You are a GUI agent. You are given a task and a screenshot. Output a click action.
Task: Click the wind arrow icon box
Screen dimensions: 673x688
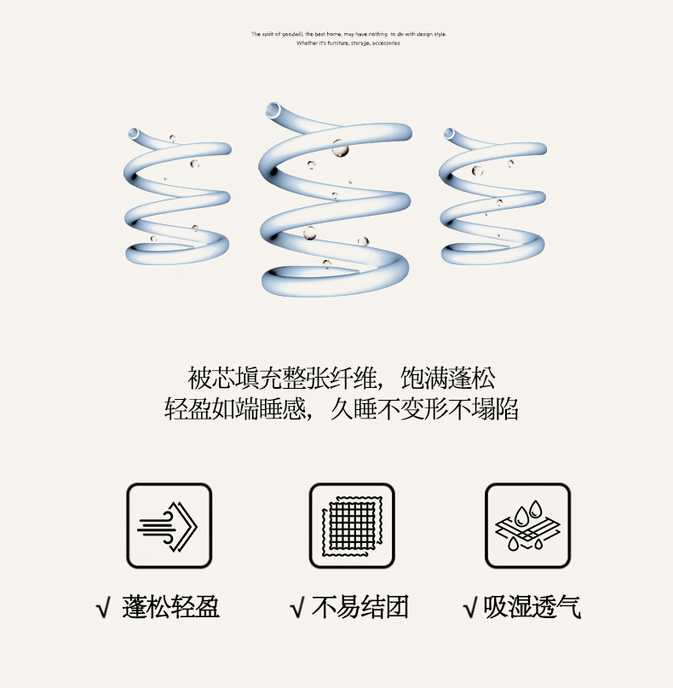[170, 525]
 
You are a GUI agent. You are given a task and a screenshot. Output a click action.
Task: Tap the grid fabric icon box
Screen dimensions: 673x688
[352, 525]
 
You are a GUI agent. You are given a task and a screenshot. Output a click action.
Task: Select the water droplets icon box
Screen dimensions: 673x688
[528, 525]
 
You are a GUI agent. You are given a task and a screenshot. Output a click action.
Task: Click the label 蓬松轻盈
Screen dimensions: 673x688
[170, 607]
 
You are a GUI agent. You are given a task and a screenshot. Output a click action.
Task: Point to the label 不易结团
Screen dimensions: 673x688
[360, 607]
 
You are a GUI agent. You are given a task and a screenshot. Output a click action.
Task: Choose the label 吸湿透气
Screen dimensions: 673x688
[532, 607]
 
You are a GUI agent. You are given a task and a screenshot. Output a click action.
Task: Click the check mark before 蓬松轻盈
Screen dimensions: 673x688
[103, 608]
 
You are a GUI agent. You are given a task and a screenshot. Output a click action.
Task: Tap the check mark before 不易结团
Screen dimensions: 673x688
[297, 608]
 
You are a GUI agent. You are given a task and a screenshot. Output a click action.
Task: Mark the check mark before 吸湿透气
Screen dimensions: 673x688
[470, 608]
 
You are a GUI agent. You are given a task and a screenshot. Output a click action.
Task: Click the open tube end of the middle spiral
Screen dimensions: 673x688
[273, 109]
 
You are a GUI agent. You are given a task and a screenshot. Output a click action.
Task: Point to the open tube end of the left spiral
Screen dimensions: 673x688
[133, 133]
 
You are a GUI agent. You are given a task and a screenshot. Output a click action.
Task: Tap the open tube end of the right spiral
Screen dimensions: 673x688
[449, 133]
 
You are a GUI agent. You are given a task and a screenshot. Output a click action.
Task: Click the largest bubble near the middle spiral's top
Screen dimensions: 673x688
[340, 148]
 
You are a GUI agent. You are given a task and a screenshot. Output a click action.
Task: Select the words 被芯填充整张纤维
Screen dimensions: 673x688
[282, 379]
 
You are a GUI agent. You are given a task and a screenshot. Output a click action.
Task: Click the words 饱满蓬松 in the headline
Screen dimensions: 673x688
[448, 379]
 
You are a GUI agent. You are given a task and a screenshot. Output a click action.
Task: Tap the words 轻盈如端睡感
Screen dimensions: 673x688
[235, 409]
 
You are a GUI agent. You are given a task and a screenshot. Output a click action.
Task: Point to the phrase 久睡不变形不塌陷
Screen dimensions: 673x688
[424, 409]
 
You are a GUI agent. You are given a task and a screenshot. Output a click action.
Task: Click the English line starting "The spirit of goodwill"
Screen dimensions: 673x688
[348, 34]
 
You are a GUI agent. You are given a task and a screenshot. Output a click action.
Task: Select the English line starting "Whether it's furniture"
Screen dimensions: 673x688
[348, 43]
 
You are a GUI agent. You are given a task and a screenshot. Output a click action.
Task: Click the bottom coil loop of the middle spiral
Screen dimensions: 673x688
[336, 287]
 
